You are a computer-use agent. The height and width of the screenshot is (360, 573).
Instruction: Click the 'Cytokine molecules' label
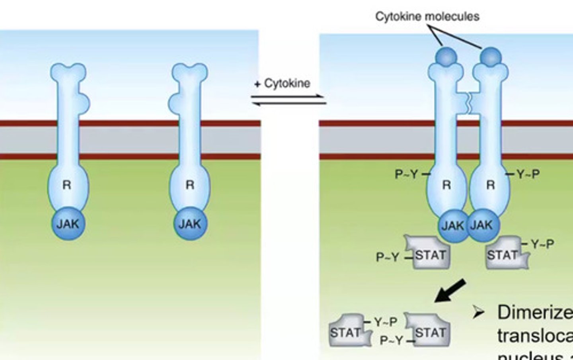tap(427, 16)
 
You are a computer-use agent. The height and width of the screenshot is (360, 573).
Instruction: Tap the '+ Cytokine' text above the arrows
tap(283, 84)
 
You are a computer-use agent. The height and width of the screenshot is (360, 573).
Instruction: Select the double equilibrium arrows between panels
tap(288, 100)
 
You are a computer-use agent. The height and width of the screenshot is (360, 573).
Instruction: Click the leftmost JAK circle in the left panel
tap(68, 224)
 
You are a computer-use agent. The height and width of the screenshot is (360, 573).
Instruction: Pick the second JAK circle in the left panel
tap(190, 224)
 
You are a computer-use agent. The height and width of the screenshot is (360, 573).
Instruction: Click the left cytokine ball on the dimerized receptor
tap(446, 57)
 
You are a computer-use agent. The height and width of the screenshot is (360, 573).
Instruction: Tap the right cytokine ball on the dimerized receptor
tap(491, 57)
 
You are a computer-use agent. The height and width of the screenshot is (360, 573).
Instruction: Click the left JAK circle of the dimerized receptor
tap(453, 225)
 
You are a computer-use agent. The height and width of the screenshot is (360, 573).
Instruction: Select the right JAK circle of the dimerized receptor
tap(482, 225)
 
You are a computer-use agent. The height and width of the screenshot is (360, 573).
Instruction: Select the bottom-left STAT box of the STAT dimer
tap(347, 331)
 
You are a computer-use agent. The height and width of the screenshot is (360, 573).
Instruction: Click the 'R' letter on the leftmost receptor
tap(67, 185)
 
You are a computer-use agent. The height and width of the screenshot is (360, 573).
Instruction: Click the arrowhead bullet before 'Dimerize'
tap(479, 313)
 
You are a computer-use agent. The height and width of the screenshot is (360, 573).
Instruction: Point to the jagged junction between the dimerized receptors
tap(468, 103)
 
